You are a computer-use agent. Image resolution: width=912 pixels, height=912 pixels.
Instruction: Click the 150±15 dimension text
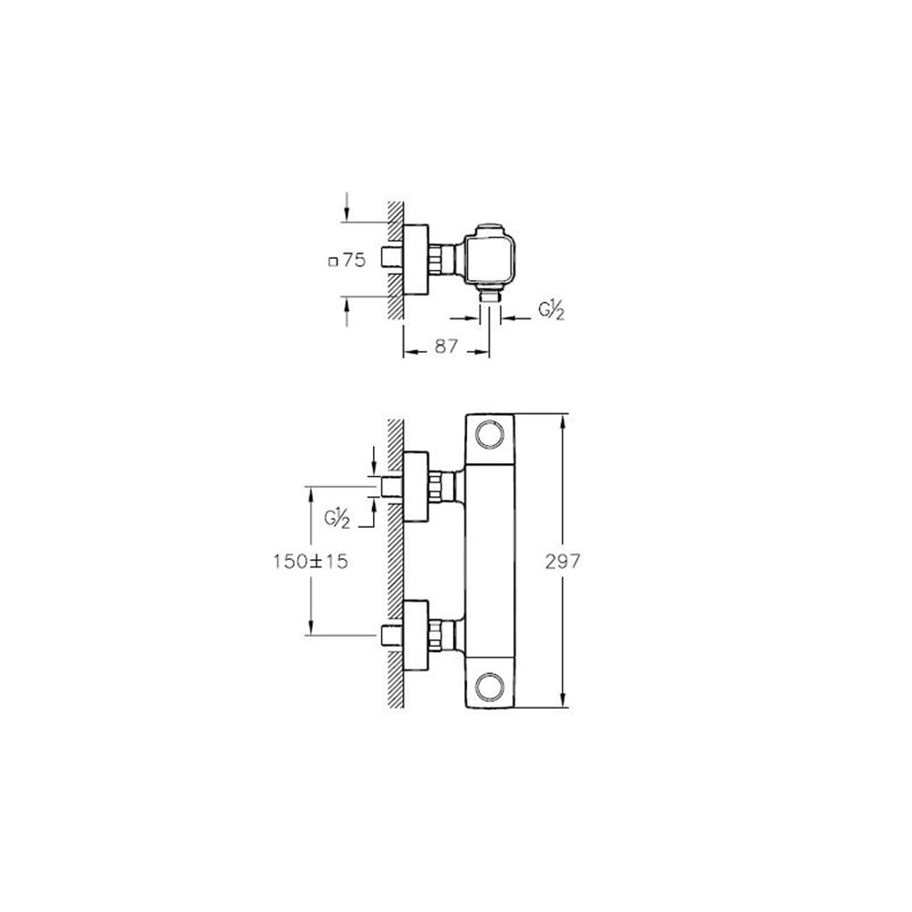click(x=311, y=562)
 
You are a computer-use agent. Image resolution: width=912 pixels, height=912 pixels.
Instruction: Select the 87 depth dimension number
click(x=446, y=347)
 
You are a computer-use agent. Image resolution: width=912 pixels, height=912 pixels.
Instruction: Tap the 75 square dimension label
click(x=354, y=261)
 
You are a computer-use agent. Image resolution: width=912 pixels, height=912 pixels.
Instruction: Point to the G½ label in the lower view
click(x=338, y=517)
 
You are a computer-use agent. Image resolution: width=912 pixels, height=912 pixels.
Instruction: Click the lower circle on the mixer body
click(x=492, y=686)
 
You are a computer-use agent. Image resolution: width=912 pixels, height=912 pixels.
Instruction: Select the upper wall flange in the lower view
click(x=416, y=486)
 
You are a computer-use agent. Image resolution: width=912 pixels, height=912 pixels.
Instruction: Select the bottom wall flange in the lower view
click(x=416, y=635)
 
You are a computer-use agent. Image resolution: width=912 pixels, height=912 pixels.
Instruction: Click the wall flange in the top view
click(x=416, y=259)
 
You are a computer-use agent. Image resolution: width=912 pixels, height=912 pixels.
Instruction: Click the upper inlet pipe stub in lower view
click(x=392, y=486)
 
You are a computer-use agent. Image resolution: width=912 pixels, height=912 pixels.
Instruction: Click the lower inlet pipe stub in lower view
click(x=392, y=635)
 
